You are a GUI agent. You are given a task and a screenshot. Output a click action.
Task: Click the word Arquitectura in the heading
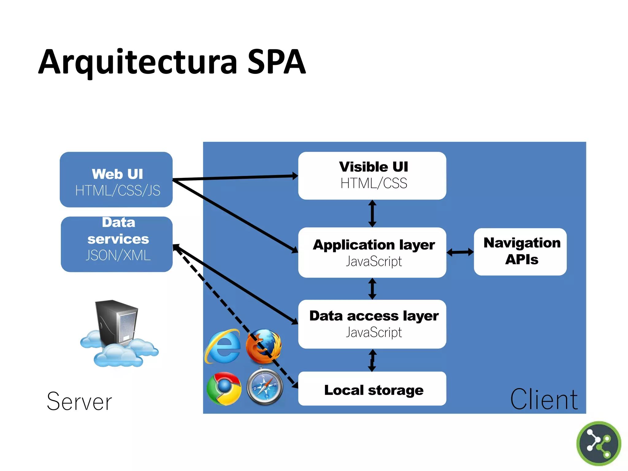(x=138, y=62)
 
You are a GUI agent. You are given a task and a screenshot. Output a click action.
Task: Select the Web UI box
(x=116, y=180)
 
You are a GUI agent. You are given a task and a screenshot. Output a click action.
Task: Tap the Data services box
(x=117, y=244)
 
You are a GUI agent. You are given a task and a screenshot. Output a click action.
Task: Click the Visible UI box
(x=372, y=176)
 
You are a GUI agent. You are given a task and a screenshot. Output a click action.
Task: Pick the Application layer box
(x=372, y=252)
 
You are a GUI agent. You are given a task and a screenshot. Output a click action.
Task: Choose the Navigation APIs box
(x=520, y=252)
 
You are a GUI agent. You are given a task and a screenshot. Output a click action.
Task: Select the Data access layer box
(x=372, y=324)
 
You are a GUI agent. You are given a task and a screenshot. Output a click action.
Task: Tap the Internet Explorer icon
(x=223, y=347)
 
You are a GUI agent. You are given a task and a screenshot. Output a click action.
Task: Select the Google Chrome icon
(x=224, y=389)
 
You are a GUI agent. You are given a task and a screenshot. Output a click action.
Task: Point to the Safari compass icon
(x=265, y=387)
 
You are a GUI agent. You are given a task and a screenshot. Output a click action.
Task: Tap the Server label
(x=79, y=401)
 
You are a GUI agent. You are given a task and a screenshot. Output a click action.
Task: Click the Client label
(x=544, y=400)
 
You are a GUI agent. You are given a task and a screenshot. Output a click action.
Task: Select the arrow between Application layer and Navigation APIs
(x=460, y=252)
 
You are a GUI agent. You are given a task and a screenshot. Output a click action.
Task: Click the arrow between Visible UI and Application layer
(x=372, y=213)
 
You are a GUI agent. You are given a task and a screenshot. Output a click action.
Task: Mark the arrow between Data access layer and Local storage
(x=372, y=360)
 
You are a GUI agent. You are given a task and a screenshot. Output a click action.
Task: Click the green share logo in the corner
(x=599, y=443)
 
